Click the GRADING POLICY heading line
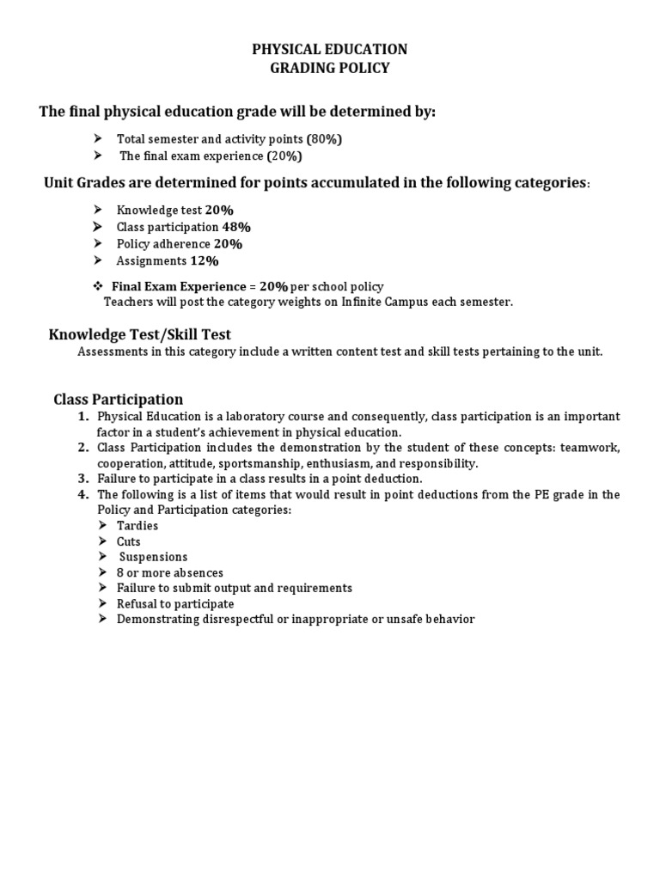pyautogui.click(x=329, y=68)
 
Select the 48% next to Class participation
pyautogui.click(x=236, y=227)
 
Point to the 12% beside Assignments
pyautogui.click(x=205, y=260)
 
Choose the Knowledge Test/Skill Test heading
pyautogui.click(x=139, y=334)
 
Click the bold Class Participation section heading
pyautogui.click(x=118, y=400)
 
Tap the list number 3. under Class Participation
pyautogui.click(x=82, y=479)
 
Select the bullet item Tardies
pyautogui.click(x=137, y=526)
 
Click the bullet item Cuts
pyautogui.click(x=129, y=541)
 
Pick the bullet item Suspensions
pyautogui.click(x=153, y=557)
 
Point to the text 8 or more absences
pyautogui.click(x=170, y=572)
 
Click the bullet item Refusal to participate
pyautogui.click(x=175, y=603)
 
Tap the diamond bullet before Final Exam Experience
pyautogui.click(x=98, y=286)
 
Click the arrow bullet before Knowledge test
pyautogui.click(x=98, y=210)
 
